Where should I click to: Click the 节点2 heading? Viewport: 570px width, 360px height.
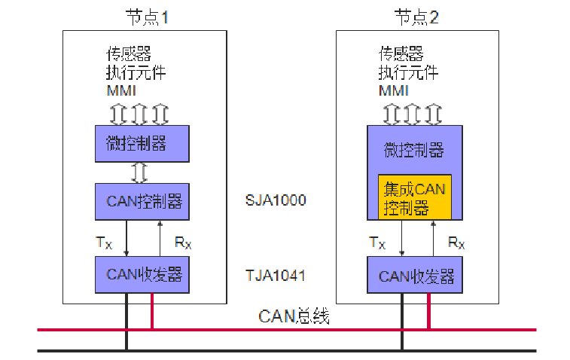click(416, 16)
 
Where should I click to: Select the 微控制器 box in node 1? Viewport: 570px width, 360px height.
click(142, 143)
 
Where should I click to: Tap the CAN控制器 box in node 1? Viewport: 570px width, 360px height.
click(142, 201)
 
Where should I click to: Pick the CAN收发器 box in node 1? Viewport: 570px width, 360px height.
click(142, 275)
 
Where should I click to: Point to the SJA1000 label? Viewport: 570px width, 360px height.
click(276, 201)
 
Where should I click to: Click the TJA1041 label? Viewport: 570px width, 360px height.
click(276, 276)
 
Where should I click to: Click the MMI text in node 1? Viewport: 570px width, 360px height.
click(121, 91)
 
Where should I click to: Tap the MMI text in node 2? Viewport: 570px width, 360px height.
click(393, 91)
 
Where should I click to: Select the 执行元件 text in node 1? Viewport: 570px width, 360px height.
click(136, 73)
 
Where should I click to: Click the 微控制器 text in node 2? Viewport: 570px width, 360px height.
click(415, 149)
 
